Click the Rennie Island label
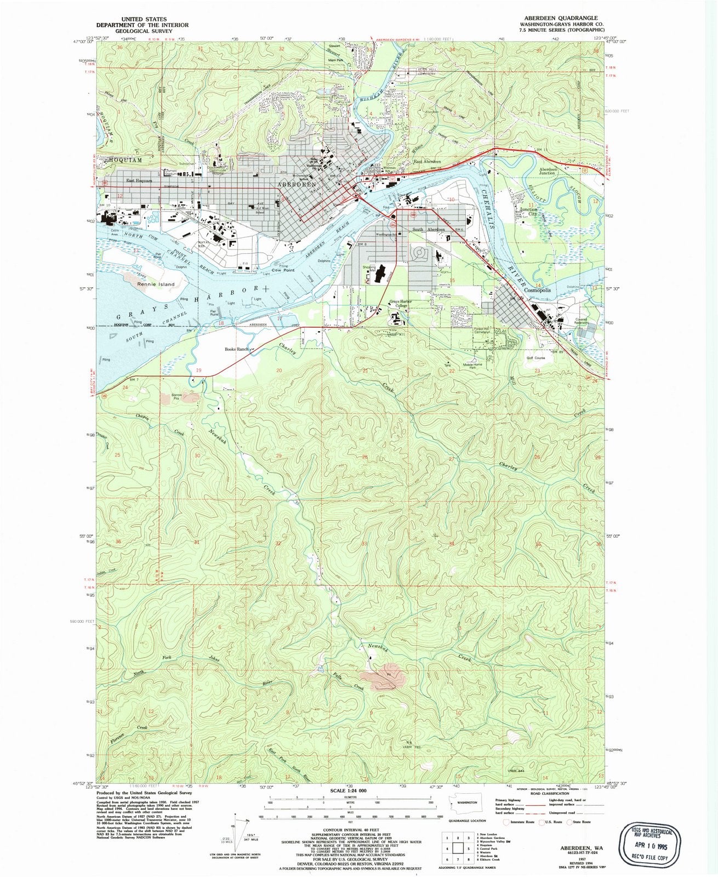pos(156,284)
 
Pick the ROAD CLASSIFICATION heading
pos(549,792)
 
